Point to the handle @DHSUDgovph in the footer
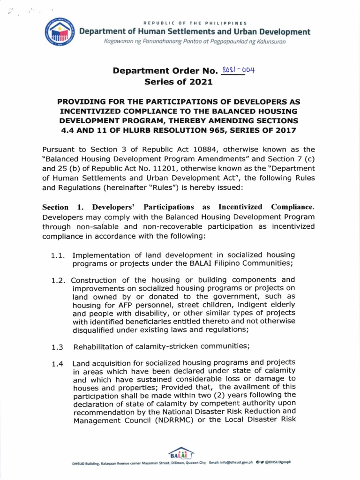(x=279, y=462)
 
